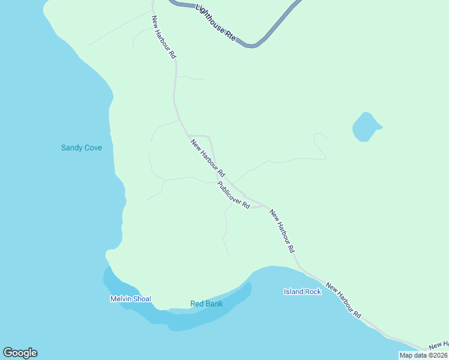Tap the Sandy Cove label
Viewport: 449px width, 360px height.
coord(82,148)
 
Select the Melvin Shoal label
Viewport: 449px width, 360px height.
coord(130,299)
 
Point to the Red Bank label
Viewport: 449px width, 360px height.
coord(206,304)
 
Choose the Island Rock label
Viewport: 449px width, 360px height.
coord(303,292)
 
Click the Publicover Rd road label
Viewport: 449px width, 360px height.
coord(234,195)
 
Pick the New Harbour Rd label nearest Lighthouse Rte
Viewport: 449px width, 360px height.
coord(163,37)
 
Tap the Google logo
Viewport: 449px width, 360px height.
coord(20,353)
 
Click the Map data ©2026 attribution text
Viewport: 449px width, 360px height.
coord(424,355)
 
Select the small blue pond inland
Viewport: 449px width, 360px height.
coord(365,127)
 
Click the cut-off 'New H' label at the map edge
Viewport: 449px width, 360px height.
coord(439,344)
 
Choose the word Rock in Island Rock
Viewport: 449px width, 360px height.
coord(313,292)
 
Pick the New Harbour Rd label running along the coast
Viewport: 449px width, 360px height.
coord(344,299)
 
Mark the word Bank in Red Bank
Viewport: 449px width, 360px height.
coord(214,304)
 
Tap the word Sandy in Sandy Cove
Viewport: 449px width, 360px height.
coord(71,148)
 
